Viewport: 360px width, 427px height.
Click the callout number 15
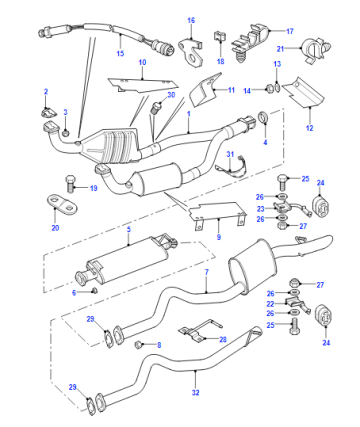click(x=120, y=53)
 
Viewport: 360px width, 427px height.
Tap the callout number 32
click(x=195, y=392)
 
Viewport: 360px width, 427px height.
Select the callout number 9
click(x=219, y=237)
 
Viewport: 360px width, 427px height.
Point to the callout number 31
click(x=230, y=154)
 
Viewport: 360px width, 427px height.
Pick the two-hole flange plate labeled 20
click(x=63, y=205)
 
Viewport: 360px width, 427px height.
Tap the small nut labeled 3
click(x=66, y=133)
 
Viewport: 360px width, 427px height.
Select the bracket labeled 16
click(x=191, y=51)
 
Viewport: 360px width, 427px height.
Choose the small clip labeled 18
click(x=219, y=36)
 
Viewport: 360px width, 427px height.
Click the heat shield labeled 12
click(x=303, y=92)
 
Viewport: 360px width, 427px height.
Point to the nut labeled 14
click(x=269, y=89)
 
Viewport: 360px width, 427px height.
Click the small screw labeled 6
click(x=94, y=290)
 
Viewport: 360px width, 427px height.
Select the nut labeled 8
click(x=138, y=344)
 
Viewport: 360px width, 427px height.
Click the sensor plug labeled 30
click(x=156, y=108)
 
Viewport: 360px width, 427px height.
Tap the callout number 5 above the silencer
click(x=129, y=229)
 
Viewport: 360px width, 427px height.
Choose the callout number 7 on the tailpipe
click(x=206, y=272)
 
